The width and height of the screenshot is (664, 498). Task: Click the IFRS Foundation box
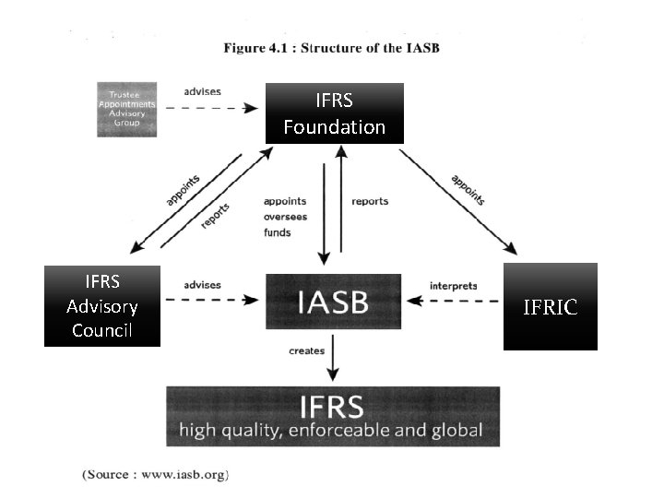tap(334, 113)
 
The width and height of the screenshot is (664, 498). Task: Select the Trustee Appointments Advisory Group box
tap(127, 110)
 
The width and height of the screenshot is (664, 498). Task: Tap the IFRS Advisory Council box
tap(101, 305)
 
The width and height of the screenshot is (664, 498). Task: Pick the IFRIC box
tap(550, 307)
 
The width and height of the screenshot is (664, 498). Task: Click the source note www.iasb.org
tap(155, 475)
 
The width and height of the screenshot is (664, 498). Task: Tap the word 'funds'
tap(277, 232)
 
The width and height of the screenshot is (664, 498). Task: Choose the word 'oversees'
tap(285, 217)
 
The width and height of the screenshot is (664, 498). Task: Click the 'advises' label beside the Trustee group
tap(203, 92)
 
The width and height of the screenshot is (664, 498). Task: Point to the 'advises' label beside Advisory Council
tap(203, 286)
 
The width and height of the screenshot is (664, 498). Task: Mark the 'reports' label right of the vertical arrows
tap(370, 201)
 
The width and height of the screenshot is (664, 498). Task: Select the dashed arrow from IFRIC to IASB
tap(456, 301)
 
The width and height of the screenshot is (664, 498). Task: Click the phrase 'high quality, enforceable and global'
tap(331, 430)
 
